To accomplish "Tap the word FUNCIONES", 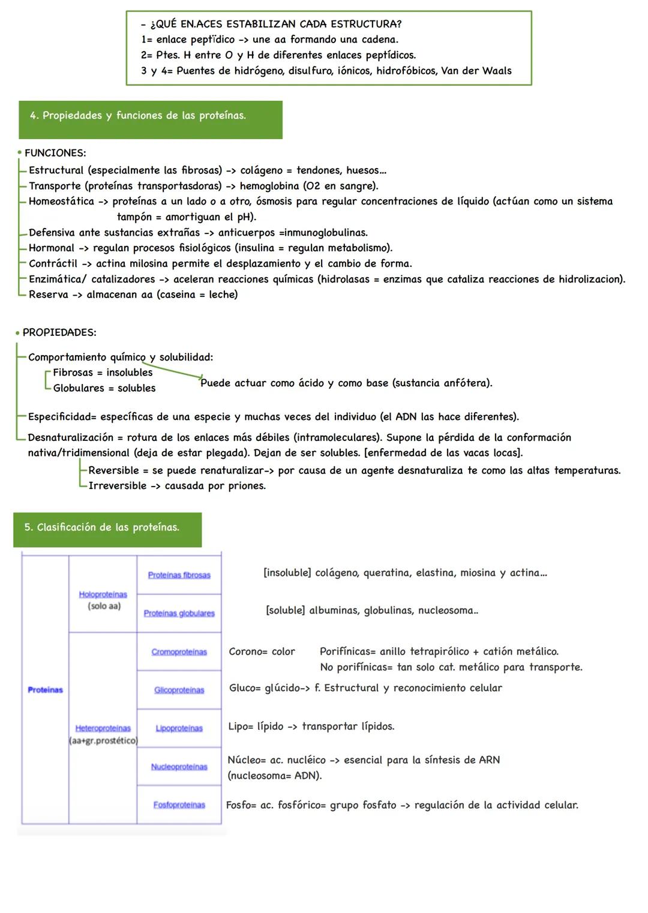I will point(55,153).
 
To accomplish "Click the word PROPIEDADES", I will point(59,332).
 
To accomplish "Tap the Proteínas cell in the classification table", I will point(45,690).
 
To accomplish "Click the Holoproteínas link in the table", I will point(103,594).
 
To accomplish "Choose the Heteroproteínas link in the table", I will point(103,728).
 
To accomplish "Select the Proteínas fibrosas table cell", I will point(179,575).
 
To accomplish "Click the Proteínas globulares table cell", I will point(179,613).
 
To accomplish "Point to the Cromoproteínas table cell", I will point(179,652).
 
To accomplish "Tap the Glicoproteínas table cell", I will point(179,690).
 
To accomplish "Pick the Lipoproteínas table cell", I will point(179,728).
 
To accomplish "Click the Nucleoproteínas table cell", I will point(179,767).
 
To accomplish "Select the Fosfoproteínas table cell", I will point(179,805).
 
